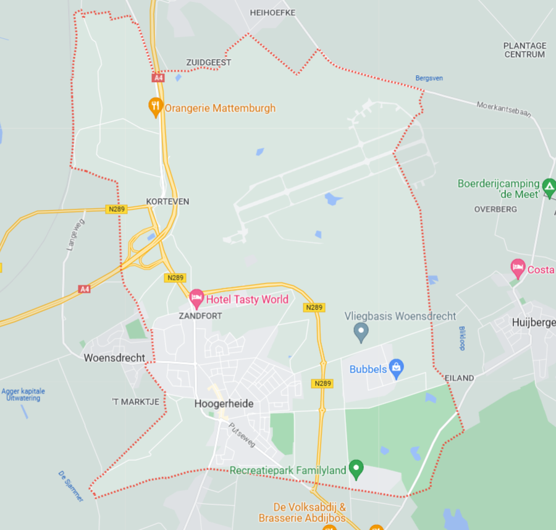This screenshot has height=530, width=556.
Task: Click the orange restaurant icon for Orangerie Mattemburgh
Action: (156, 107)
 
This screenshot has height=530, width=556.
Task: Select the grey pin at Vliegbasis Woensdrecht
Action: (361, 333)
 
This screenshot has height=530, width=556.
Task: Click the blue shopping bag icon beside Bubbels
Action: (396, 369)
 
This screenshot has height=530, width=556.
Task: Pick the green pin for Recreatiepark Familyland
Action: (356, 469)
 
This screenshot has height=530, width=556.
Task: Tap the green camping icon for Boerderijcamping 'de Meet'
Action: (549, 186)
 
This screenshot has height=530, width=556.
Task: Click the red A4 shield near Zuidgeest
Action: (159, 78)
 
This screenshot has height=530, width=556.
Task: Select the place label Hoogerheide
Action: (224, 404)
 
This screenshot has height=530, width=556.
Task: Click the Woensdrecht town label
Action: (114, 358)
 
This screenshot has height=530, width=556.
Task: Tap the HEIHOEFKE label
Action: (272, 12)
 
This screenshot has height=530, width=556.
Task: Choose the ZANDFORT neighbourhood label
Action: (200, 315)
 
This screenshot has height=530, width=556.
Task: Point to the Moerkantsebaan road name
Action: (503, 109)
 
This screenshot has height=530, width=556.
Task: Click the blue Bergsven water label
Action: (429, 78)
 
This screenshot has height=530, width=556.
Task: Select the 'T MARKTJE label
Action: (136, 402)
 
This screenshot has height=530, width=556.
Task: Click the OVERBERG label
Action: (495, 209)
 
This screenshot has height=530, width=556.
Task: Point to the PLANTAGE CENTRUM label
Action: (524, 50)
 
